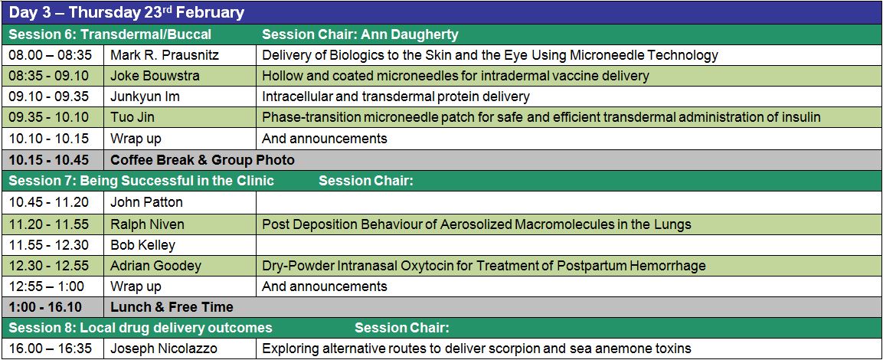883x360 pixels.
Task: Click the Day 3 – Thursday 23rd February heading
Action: click(126, 12)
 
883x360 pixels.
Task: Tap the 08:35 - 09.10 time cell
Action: click(48, 76)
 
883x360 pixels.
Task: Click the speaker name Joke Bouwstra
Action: click(155, 76)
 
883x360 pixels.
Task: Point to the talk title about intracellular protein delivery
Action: click(396, 97)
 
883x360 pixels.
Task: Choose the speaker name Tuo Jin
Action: click(133, 117)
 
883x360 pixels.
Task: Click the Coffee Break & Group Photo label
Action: click(202, 160)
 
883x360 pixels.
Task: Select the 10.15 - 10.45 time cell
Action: click(48, 160)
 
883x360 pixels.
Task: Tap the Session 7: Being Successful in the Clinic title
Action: click(142, 181)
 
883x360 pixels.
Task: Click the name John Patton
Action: click(146, 201)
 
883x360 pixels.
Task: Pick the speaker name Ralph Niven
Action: click(147, 224)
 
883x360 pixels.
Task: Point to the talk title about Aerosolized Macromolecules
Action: click(476, 224)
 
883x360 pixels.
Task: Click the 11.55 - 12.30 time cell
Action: click(48, 245)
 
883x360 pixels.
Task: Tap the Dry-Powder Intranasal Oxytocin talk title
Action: click(484, 265)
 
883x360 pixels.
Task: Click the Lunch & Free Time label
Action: click(172, 307)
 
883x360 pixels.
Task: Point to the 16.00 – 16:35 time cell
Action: click(50, 349)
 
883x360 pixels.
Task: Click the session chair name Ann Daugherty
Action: click(410, 34)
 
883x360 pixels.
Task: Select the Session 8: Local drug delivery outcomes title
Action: click(140, 328)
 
